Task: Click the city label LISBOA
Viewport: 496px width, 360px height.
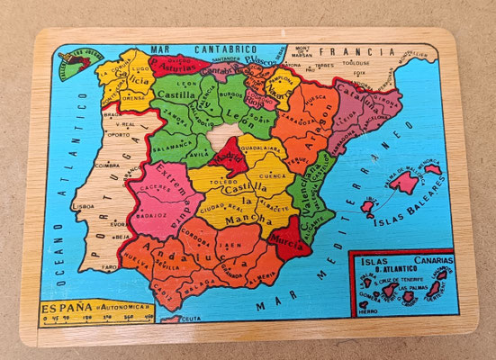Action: (83, 206)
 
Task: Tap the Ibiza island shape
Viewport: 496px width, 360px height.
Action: (368, 208)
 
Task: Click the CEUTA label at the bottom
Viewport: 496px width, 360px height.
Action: (190, 318)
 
